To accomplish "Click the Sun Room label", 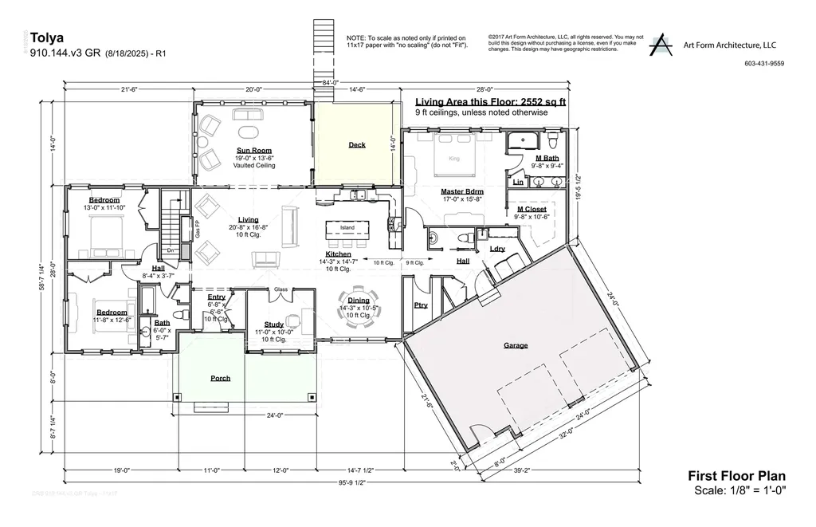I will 254,150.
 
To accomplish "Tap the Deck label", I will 356,145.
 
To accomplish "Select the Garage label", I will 516,345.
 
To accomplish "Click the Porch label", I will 220,378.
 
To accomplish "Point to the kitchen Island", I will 347,228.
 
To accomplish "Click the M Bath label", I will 547,158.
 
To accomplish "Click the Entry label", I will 217,297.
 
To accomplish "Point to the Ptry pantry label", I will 421,305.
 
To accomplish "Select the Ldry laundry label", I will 497,250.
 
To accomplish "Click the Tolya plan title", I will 46,37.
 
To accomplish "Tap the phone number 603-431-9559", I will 763,64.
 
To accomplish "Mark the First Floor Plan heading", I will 737,476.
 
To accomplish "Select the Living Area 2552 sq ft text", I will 490,102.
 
